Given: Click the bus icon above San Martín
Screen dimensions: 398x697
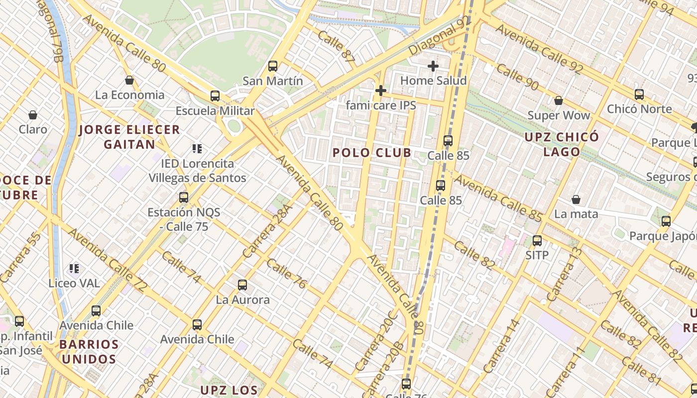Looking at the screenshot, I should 272,66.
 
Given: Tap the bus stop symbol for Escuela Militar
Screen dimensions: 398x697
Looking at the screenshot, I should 215,96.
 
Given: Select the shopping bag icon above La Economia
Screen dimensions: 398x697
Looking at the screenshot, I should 129,80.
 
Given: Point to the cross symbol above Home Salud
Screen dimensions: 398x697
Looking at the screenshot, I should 433,66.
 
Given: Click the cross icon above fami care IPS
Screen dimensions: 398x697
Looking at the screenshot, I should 380,91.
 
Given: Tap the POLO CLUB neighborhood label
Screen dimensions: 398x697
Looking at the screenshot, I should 372,153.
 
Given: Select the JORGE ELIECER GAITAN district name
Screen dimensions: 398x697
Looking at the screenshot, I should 129,137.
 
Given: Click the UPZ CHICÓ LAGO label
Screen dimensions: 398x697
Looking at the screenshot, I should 562,144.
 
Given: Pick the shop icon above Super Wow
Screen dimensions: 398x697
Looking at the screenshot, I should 559,100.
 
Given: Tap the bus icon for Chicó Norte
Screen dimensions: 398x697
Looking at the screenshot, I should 639,94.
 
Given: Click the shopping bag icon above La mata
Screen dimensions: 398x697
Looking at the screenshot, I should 576,199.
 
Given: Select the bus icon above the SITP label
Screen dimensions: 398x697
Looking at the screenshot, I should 537,241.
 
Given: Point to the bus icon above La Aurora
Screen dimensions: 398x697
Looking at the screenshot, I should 242,285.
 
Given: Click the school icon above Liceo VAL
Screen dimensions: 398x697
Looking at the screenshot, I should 74,269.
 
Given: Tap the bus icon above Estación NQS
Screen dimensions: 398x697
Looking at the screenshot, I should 184,198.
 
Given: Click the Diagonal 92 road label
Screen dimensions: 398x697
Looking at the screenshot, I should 439,36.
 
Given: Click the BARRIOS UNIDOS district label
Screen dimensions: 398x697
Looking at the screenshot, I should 89,351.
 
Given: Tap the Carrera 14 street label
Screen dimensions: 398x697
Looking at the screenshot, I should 501,346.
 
